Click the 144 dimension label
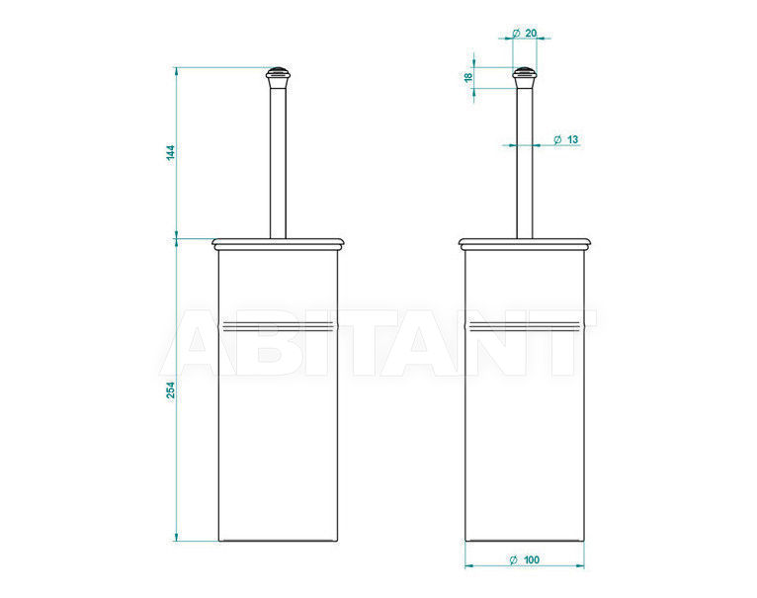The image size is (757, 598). click(x=170, y=152)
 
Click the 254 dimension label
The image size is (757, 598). click(x=171, y=390)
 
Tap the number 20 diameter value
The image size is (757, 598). click(x=531, y=34)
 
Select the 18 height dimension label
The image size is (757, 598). click(x=468, y=77)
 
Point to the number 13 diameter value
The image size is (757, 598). click(x=572, y=139)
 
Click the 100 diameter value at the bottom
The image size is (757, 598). click(x=531, y=559)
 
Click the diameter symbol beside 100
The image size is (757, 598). click(x=513, y=559)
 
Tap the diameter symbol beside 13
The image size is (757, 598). click(x=557, y=139)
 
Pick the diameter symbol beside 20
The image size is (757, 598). click(x=516, y=34)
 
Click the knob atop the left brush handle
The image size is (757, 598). click(x=278, y=77)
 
